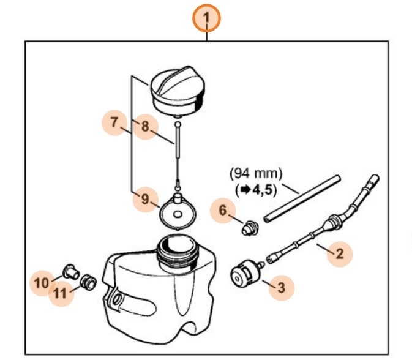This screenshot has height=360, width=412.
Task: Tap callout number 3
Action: (x=281, y=287)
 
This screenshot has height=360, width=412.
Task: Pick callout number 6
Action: (x=223, y=211)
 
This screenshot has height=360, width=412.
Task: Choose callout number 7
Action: (x=114, y=123)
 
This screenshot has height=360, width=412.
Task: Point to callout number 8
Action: (x=145, y=127)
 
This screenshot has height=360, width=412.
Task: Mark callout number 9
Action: (x=144, y=200)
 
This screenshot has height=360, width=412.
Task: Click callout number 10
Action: (x=42, y=283)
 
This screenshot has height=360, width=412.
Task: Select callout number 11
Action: (x=60, y=293)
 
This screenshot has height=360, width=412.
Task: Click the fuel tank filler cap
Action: (x=178, y=91)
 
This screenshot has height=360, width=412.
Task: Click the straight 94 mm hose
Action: (x=302, y=198)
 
